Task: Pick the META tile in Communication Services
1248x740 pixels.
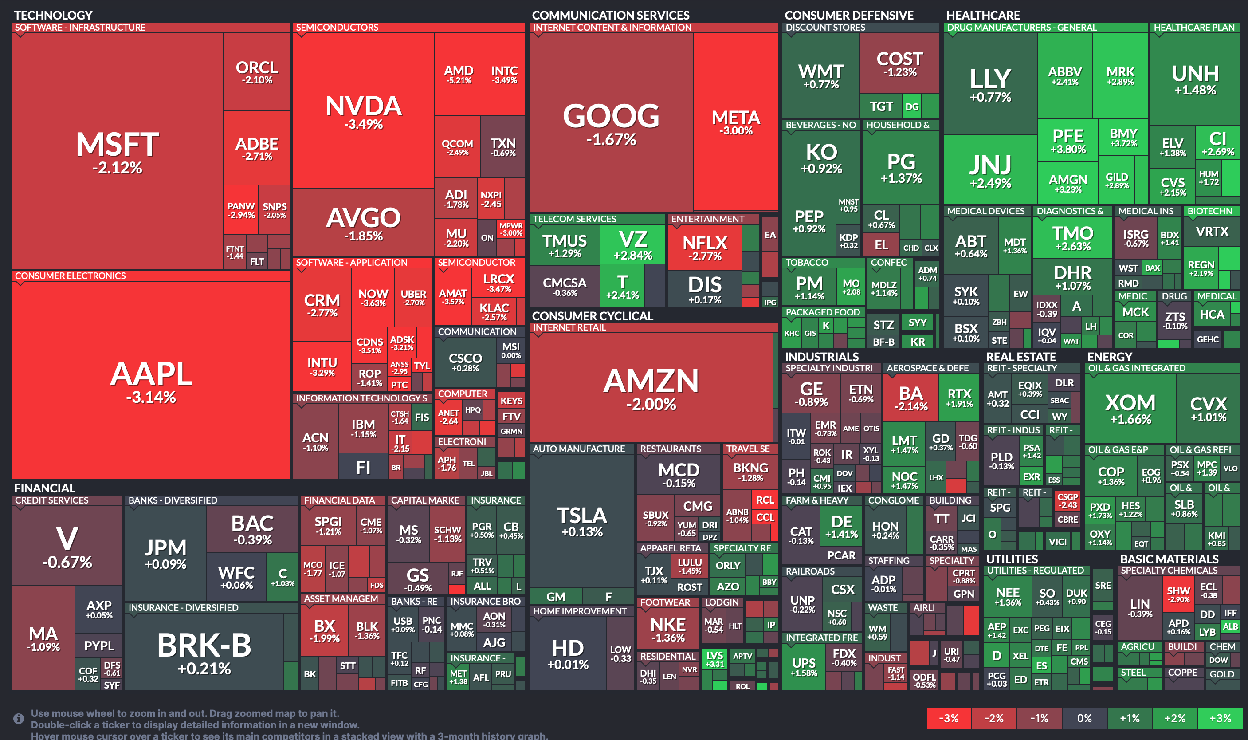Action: [736, 122]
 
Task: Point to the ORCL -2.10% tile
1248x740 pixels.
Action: [257, 72]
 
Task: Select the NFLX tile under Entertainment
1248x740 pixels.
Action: [705, 247]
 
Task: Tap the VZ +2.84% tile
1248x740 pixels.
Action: [633, 244]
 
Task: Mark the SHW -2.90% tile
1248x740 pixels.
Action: [1178, 594]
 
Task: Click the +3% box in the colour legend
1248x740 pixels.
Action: [1220, 719]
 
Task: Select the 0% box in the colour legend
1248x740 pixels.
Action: [1084, 719]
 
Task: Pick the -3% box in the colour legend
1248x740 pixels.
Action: [949, 719]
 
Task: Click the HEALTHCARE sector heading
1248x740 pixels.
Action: [983, 15]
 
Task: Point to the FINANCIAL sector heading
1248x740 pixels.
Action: [45, 488]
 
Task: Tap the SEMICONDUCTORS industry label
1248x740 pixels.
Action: [337, 28]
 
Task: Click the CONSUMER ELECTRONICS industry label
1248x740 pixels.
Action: [70, 276]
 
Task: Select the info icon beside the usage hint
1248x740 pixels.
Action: [19, 719]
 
